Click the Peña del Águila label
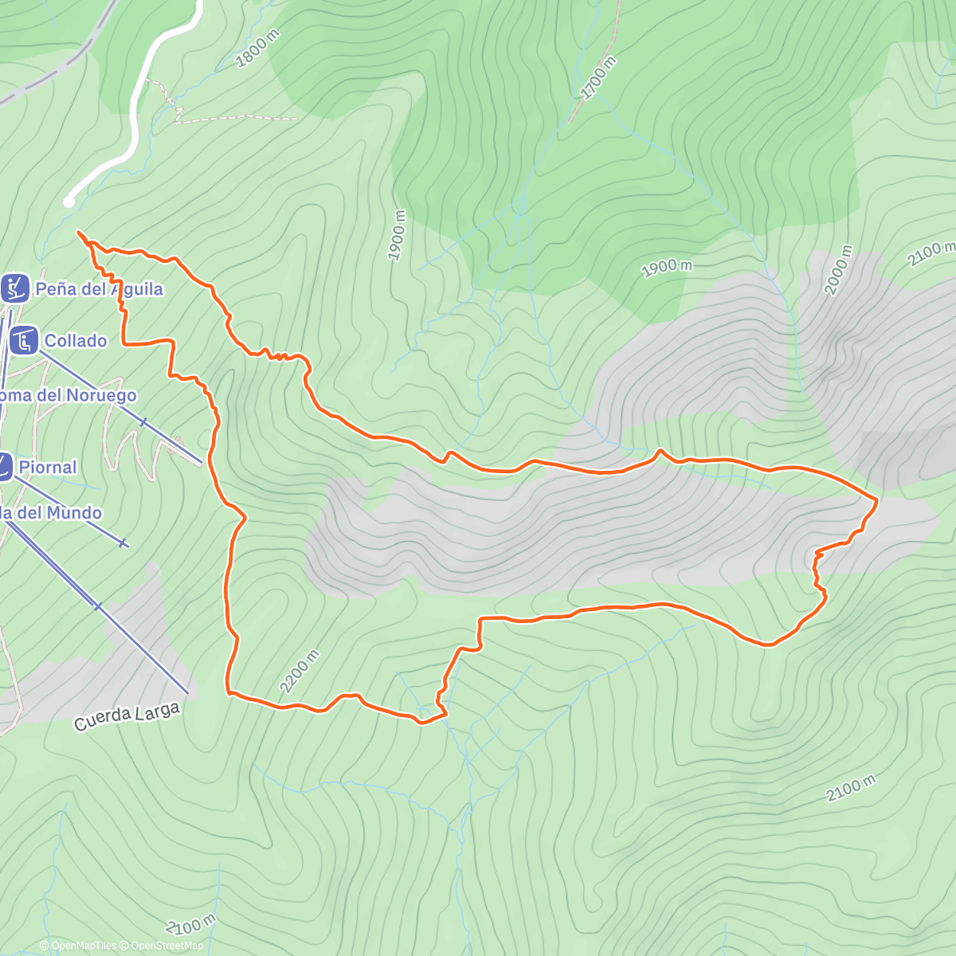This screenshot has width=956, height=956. (x=99, y=289)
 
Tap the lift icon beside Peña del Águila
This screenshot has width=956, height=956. (x=14, y=288)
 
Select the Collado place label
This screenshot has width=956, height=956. (x=76, y=341)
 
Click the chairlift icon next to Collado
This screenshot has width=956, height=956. (x=24, y=341)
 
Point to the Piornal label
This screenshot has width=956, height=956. (x=48, y=468)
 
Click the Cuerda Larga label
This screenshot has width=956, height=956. (x=127, y=716)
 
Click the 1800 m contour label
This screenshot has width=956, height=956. (x=259, y=49)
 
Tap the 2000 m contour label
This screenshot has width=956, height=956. (x=838, y=270)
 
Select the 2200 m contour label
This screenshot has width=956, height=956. (x=300, y=671)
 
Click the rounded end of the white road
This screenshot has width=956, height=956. (x=69, y=202)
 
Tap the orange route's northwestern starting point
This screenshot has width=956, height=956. (x=78, y=232)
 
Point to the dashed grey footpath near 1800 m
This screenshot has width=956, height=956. (x=239, y=118)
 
